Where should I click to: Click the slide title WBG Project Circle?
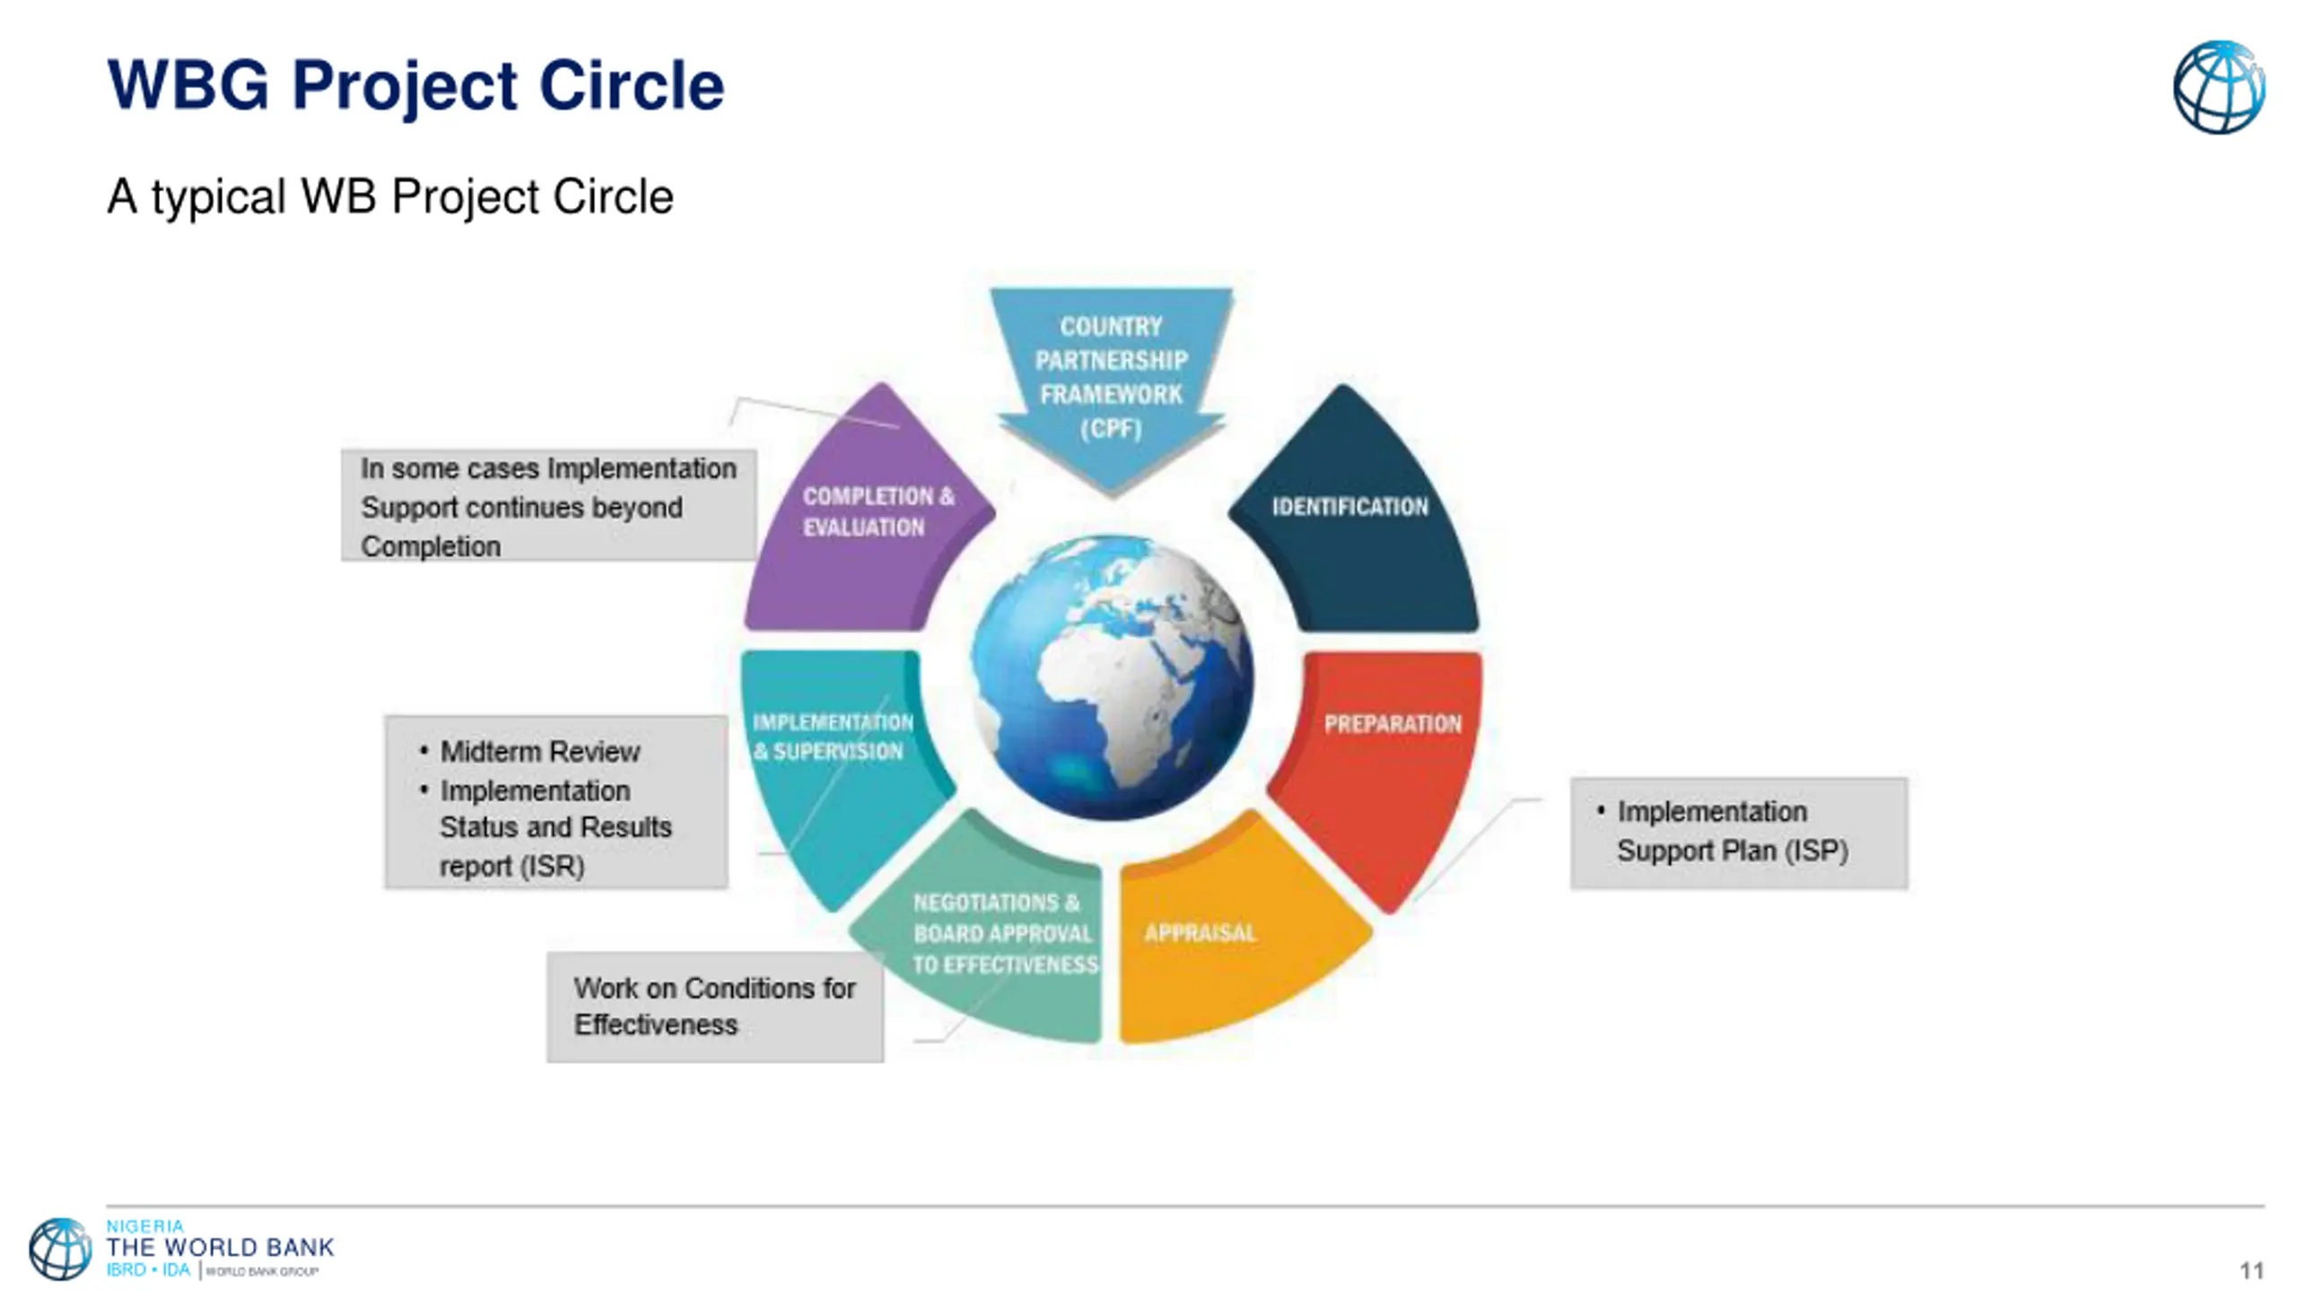coord(415,86)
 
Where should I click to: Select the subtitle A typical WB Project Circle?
coord(390,196)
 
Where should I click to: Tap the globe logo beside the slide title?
coord(2218,88)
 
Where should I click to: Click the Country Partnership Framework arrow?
coord(1111,377)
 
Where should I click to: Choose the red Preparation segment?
coord(1382,763)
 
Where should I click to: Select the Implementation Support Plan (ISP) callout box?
coord(1738,833)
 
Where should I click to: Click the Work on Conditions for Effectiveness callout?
coord(714,1007)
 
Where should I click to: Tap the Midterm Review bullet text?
coord(539,752)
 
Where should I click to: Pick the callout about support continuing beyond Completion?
coord(547,506)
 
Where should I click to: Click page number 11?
coord(2251,1270)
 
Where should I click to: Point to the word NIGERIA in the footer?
coord(144,1226)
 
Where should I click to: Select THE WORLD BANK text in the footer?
coord(220,1247)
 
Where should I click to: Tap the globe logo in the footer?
coord(60,1248)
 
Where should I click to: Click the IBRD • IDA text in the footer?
coord(148,1270)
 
